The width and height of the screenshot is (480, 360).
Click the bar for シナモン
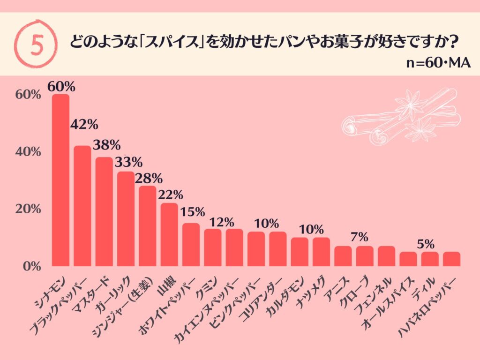click(60, 180)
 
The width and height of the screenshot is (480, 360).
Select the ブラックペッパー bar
click(82, 206)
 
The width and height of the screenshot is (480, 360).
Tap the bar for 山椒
click(169, 234)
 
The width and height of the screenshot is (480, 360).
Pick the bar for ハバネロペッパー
click(451, 259)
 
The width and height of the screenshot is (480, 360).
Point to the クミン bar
click(212, 247)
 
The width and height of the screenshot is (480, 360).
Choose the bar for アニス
click(343, 256)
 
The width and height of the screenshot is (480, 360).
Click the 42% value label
click(84, 125)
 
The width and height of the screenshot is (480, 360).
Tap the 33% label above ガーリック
click(128, 162)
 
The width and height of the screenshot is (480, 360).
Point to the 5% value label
click(426, 243)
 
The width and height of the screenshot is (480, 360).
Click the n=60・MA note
click(438, 64)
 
